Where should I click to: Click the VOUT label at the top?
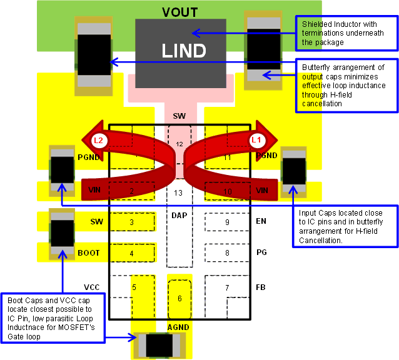pos(179,12)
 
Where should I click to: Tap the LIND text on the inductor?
pos(184,50)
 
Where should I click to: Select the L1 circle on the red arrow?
pos(256,140)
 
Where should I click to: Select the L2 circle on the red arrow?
pos(98,140)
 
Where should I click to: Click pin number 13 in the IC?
pos(179,192)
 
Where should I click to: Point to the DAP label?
pos(179,215)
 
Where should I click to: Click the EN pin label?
pos(261,221)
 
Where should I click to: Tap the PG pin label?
pos(261,252)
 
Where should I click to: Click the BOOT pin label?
pos(89,253)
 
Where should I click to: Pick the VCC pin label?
pos(93,287)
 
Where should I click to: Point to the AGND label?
pos(178,327)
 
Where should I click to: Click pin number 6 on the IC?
pos(179,299)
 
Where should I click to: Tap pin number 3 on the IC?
pos(132,222)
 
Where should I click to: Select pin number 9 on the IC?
pos(227,222)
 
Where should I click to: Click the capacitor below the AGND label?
pos(159,344)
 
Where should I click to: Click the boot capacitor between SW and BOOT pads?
pos(63,232)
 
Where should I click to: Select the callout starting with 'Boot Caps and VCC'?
pos(53,317)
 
